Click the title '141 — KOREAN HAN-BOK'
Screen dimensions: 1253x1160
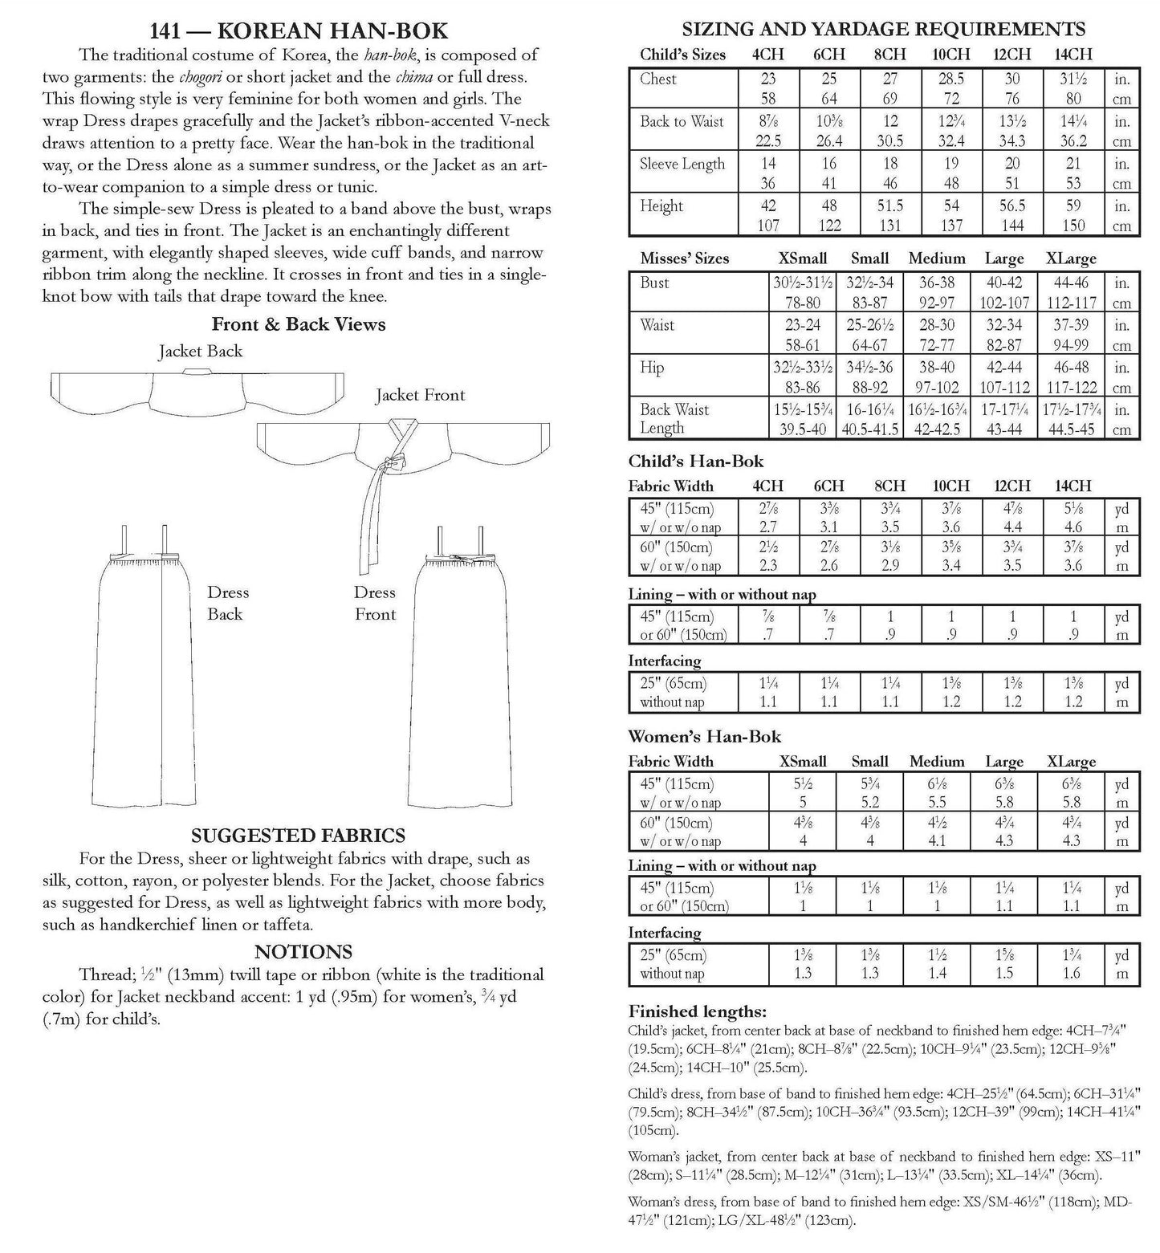pos(298,31)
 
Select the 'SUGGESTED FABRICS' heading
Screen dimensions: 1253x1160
pos(298,835)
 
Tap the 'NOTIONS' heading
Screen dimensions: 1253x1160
pos(303,952)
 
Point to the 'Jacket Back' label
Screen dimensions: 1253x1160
pos(200,351)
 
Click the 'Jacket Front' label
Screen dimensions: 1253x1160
pos(420,395)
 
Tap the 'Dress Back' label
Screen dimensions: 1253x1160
pos(228,603)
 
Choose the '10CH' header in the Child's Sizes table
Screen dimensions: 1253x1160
pos(950,55)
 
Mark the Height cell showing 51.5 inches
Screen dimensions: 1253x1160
pos(889,206)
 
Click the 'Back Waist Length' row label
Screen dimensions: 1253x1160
pos(674,418)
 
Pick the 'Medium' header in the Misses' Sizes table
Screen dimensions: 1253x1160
pos(936,258)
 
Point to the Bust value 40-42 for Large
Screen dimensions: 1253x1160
pos(1003,283)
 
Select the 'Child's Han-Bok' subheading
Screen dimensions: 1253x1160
pos(695,462)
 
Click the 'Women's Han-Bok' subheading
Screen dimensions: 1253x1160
pos(704,736)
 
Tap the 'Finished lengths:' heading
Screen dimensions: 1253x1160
pos(697,1011)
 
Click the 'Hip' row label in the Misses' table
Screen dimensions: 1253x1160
pos(652,368)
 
